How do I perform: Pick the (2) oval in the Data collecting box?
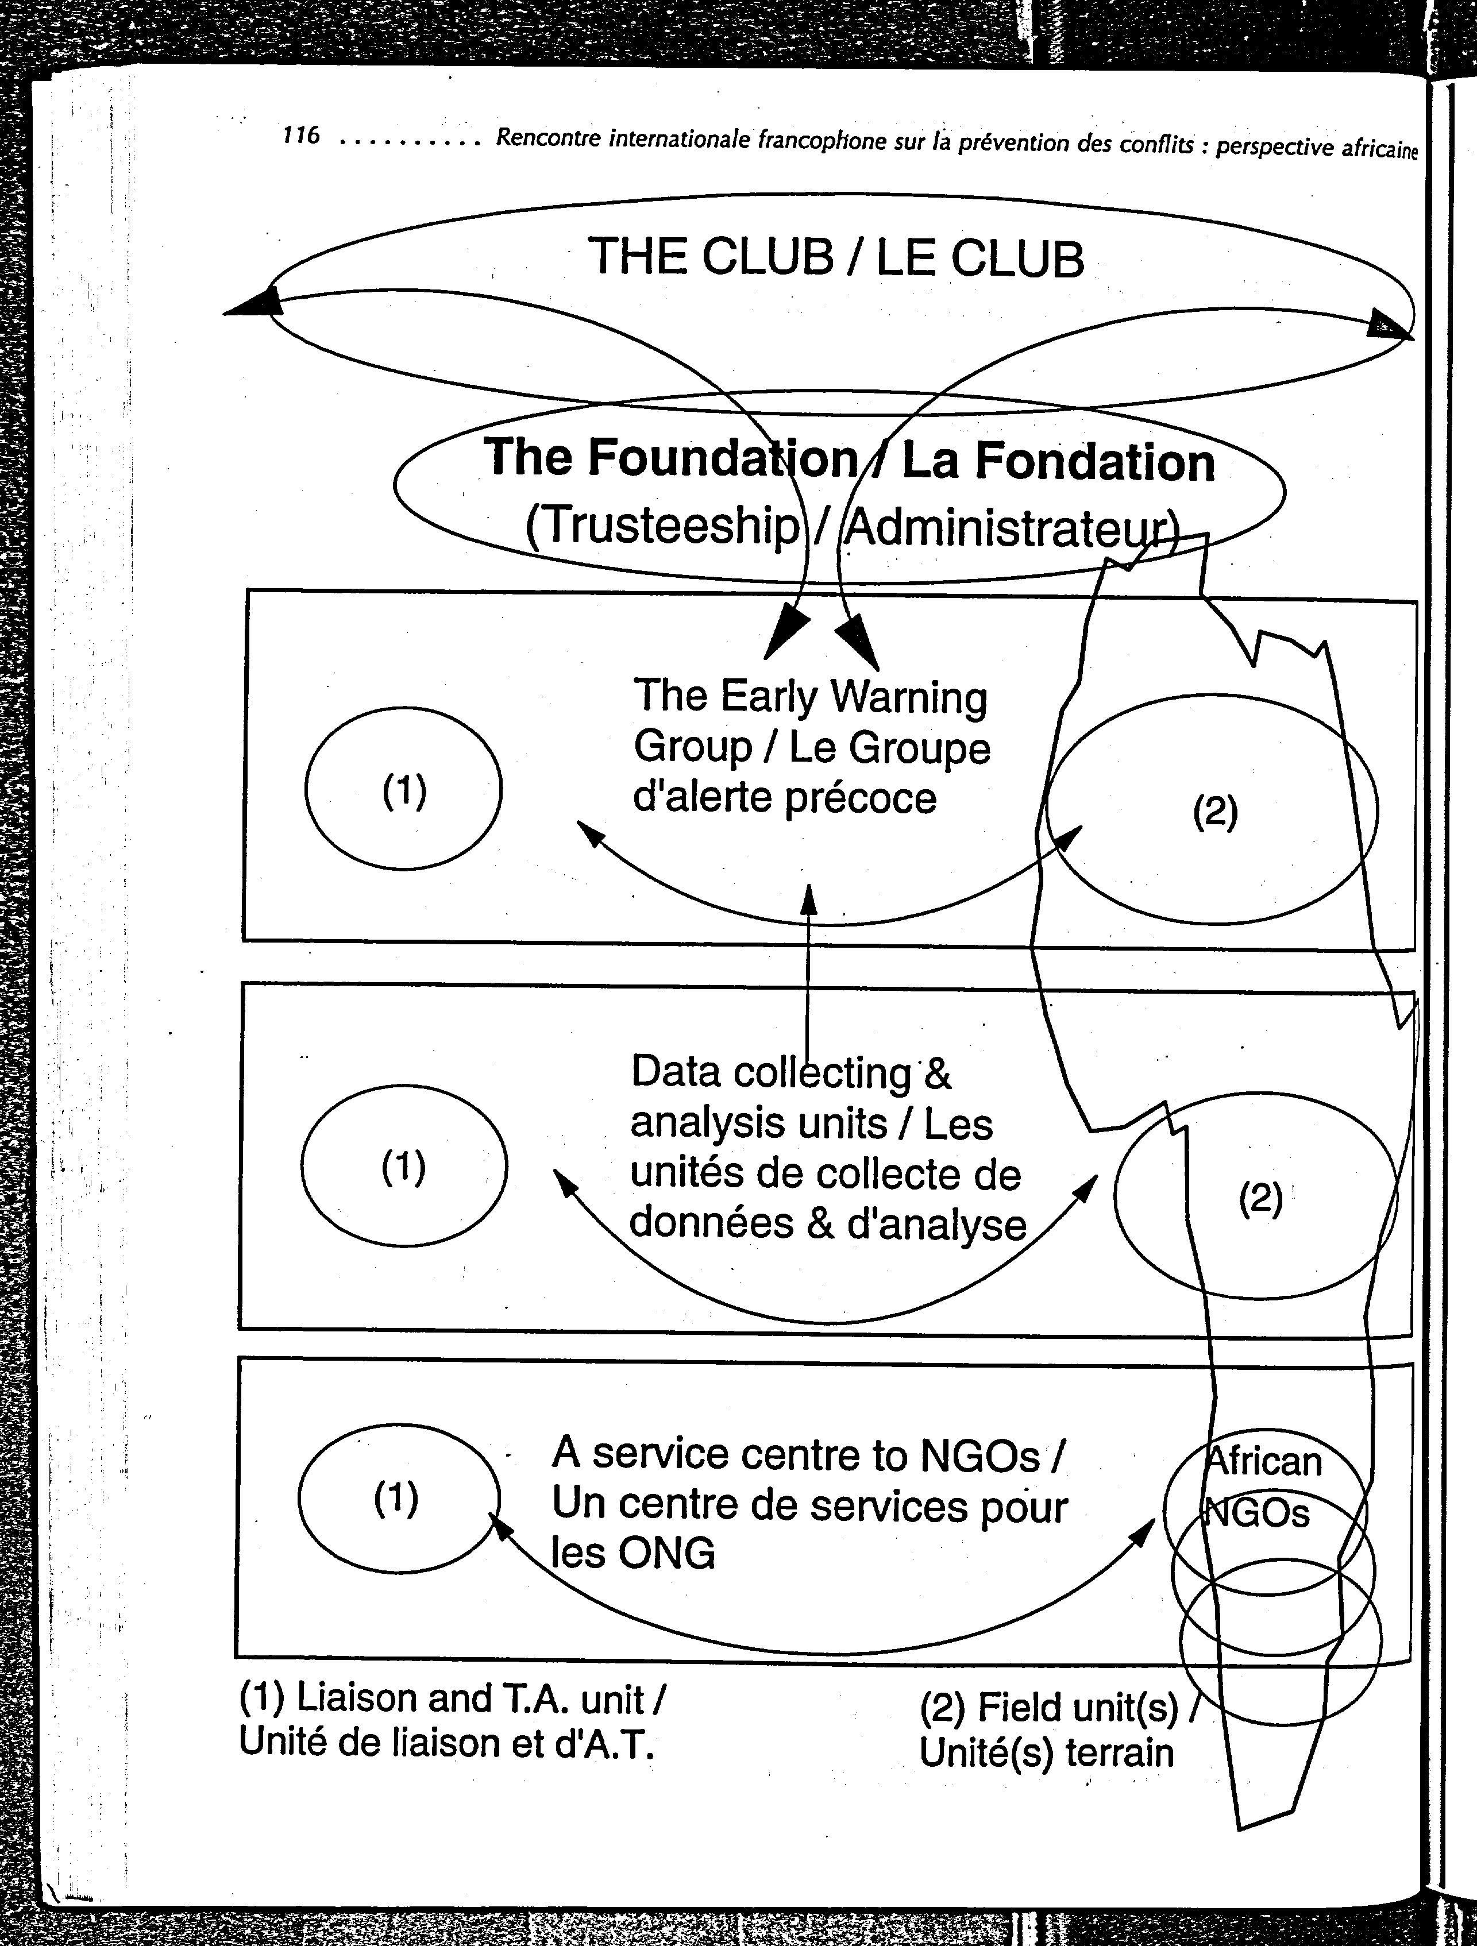tap(1258, 1196)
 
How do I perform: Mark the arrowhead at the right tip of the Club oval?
tap(1386, 327)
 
